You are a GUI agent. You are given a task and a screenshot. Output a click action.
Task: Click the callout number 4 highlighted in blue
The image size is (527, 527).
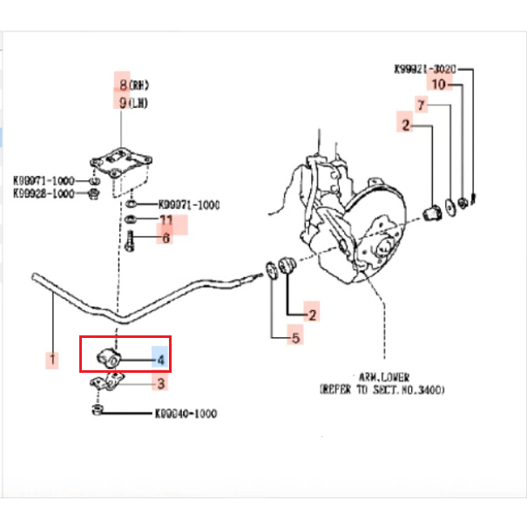(159, 358)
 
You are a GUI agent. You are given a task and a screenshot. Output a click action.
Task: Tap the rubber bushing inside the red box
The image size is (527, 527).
(109, 356)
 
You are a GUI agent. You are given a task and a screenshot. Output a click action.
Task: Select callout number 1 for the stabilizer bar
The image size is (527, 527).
(51, 358)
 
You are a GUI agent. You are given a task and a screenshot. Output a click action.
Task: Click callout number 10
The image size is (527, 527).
(440, 84)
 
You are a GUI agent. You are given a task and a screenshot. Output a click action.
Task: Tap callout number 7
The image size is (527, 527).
(421, 105)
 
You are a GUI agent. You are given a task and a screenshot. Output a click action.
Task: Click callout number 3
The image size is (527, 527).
(159, 382)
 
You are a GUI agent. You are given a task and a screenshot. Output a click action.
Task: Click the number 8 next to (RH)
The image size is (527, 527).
(123, 84)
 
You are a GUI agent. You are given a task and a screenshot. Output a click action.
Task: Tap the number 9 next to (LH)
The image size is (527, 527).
(123, 102)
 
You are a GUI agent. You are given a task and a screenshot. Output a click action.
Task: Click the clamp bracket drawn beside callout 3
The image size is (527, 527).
(110, 382)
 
